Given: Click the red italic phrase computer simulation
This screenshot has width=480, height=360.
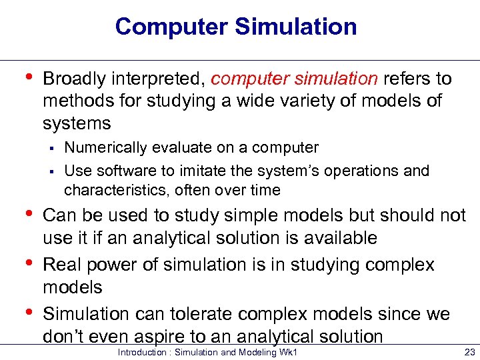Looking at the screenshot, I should tap(294, 79).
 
